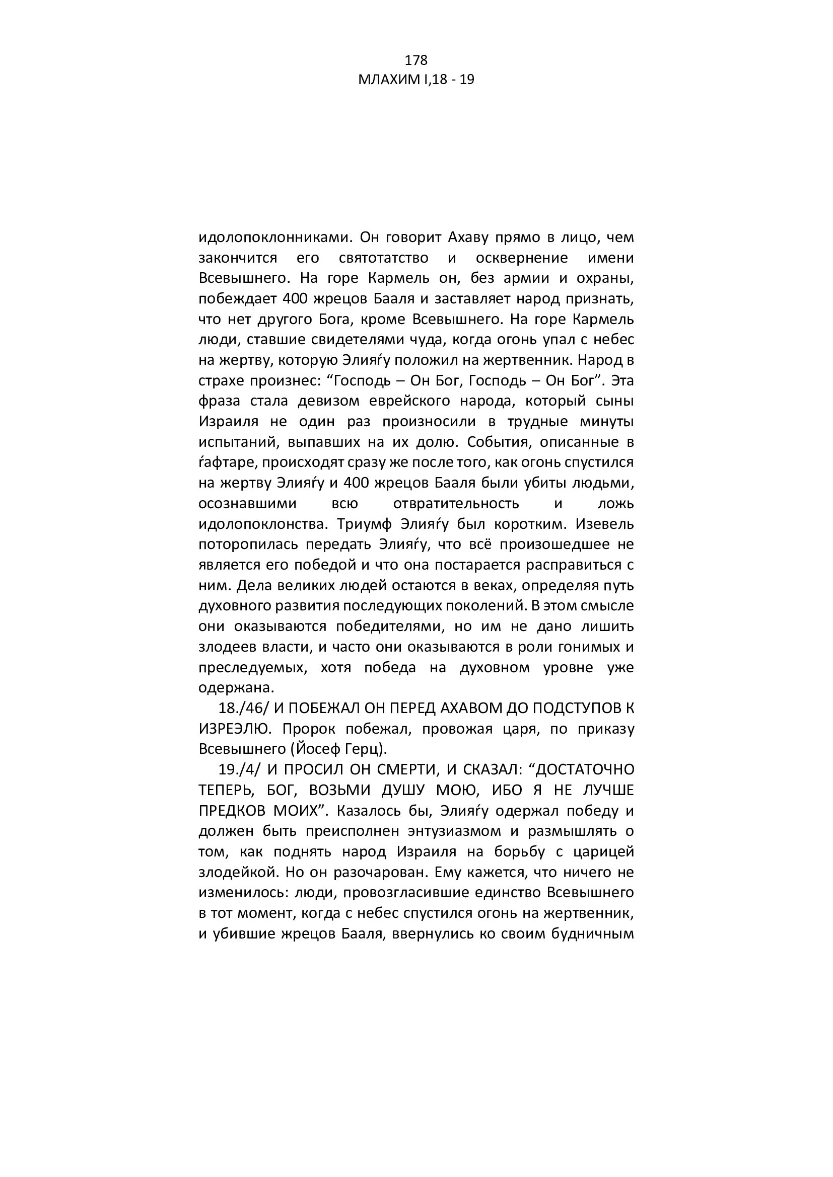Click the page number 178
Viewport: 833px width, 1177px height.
(x=416, y=60)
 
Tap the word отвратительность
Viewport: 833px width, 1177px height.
(x=456, y=504)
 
